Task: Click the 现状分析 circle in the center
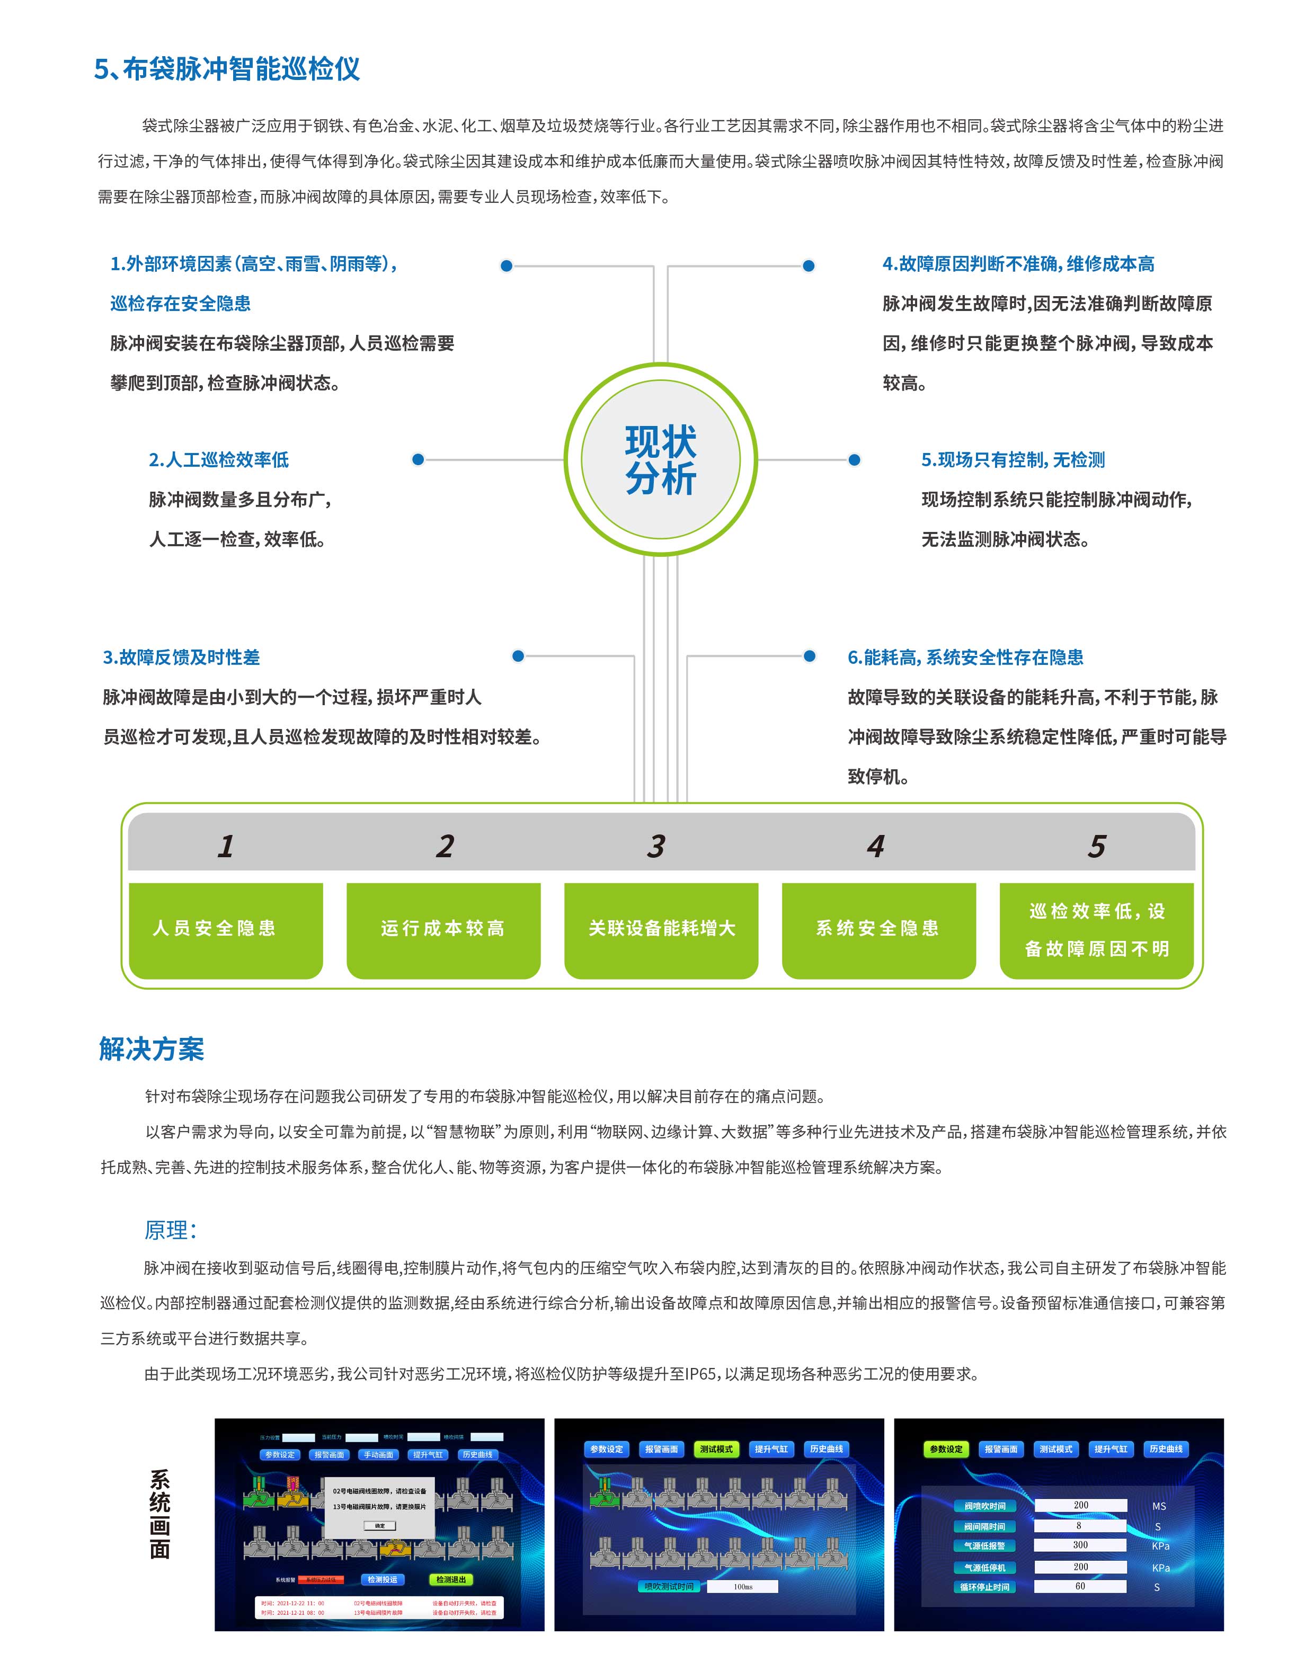click(660, 459)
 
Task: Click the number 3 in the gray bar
click(655, 846)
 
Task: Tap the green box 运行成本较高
click(443, 929)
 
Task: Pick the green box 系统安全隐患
click(878, 929)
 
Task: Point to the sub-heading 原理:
click(170, 1230)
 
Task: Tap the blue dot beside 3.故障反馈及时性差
click(518, 656)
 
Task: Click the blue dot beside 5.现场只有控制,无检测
click(854, 460)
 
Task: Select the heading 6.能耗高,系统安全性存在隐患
click(965, 658)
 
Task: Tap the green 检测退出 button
click(451, 1579)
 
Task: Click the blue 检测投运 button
click(383, 1579)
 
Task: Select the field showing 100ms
click(742, 1586)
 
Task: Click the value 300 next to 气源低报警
click(1080, 1545)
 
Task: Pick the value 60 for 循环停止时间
click(1080, 1586)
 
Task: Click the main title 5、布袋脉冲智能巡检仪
click(227, 69)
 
